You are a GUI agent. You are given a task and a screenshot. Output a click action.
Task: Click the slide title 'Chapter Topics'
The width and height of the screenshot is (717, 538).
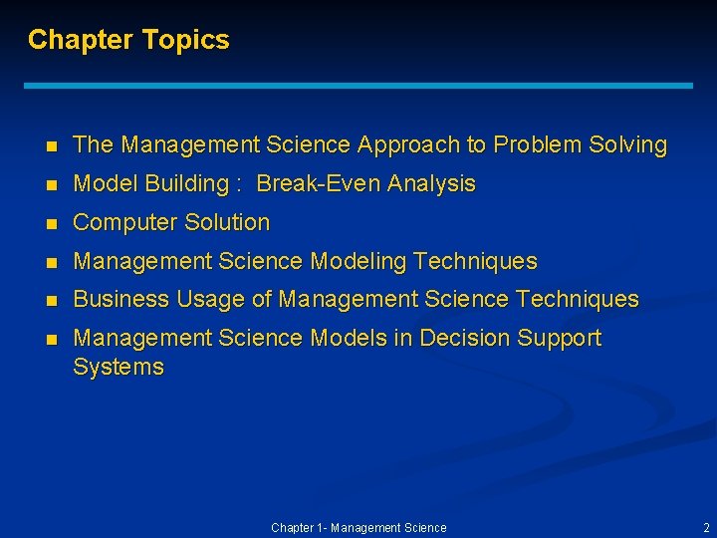[x=128, y=40]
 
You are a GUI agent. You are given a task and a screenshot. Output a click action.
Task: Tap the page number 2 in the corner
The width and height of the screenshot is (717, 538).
[x=706, y=527]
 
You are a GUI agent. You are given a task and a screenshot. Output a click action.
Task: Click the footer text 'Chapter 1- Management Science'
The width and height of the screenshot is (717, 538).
[x=358, y=527]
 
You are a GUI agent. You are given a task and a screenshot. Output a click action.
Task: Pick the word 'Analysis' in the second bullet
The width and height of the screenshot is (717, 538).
[x=431, y=184]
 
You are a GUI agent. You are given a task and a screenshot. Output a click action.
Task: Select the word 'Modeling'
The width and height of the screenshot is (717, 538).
[x=358, y=262]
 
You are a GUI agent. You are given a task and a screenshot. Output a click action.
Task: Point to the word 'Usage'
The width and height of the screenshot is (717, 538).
[x=201, y=299]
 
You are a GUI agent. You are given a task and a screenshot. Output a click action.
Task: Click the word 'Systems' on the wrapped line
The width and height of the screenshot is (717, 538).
[x=119, y=368]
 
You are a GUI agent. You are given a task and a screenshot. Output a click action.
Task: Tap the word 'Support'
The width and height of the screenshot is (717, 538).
[x=559, y=339]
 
